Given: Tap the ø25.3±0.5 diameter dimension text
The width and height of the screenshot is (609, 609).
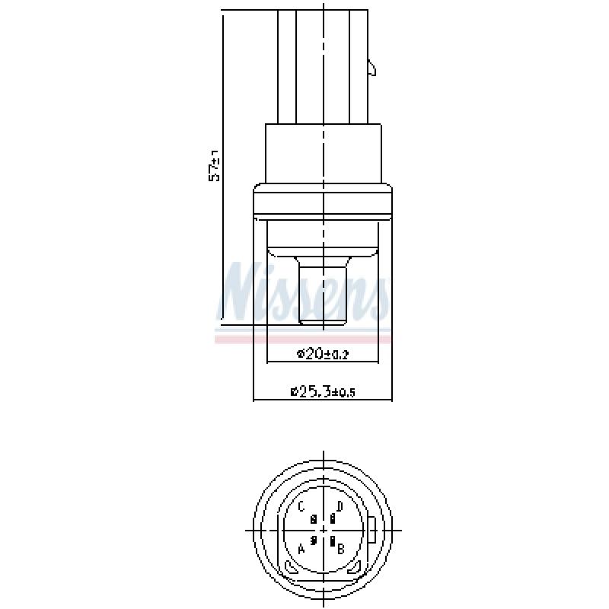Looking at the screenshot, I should pos(323,392).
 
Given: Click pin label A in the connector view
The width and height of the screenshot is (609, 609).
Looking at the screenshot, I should pos(301,548).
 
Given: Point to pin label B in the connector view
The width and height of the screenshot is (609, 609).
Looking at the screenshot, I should pos(342,548).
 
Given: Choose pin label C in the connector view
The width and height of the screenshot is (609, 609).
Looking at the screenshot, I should pos(301,507).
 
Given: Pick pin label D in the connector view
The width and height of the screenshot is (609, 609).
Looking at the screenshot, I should pos(340,507).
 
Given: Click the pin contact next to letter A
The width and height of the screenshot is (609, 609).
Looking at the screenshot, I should pos(314,540).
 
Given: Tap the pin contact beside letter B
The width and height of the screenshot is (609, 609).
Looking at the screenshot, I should pos(333,541).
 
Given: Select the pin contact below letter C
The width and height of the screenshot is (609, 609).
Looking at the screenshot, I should pos(314,519).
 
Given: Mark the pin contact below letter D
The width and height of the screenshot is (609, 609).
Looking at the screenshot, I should pos(333,519).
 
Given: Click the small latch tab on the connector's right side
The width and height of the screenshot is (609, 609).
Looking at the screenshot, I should pos(371,69).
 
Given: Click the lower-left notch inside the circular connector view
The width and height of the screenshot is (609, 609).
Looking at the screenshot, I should pos(291,568).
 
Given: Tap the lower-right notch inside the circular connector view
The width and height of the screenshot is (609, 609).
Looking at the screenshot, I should pos(354,568).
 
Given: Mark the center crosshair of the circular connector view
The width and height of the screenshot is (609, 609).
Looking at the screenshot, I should pos(324,530).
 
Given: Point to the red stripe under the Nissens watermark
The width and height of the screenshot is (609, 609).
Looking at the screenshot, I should pos(304,339).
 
